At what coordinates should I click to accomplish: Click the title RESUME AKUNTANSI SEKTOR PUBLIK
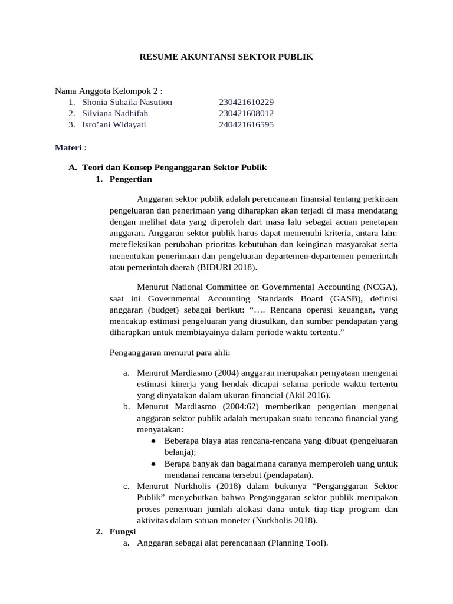click(x=226, y=57)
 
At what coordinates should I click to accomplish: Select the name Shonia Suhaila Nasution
click(x=127, y=102)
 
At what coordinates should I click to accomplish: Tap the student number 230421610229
click(x=246, y=102)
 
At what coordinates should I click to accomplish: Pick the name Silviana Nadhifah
click(x=115, y=113)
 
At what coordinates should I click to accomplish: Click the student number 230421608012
click(x=246, y=113)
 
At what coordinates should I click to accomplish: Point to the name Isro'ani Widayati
click(x=114, y=124)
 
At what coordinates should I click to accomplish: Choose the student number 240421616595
click(x=246, y=124)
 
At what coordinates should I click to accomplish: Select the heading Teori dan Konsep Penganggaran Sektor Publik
click(x=174, y=168)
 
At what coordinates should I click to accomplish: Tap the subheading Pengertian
click(x=130, y=179)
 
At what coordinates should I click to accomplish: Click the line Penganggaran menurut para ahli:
click(x=170, y=353)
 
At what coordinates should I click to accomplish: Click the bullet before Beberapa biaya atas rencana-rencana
click(x=153, y=441)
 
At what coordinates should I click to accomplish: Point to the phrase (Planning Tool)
click(x=298, y=543)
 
